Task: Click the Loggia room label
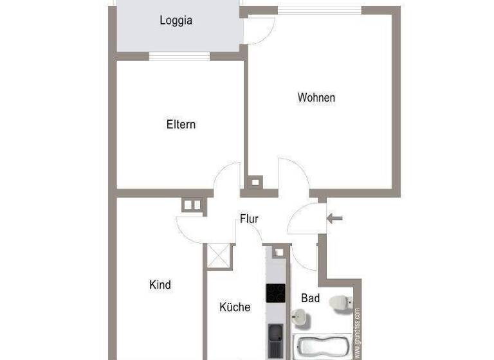click(176, 21)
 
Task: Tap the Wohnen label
click(316, 98)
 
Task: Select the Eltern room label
click(180, 124)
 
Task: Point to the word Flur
click(249, 219)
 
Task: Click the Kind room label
click(160, 284)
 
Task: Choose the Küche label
click(235, 307)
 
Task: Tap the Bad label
click(310, 298)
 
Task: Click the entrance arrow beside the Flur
click(334, 219)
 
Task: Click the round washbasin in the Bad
click(299, 316)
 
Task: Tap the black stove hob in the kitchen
click(277, 293)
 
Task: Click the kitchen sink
click(276, 334)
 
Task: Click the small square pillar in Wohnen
click(255, 182)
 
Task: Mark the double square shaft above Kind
click(192, 205)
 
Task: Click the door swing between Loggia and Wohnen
click(259, 30)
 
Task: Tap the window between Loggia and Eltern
click(179, 57)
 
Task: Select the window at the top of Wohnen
click(320, 10)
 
